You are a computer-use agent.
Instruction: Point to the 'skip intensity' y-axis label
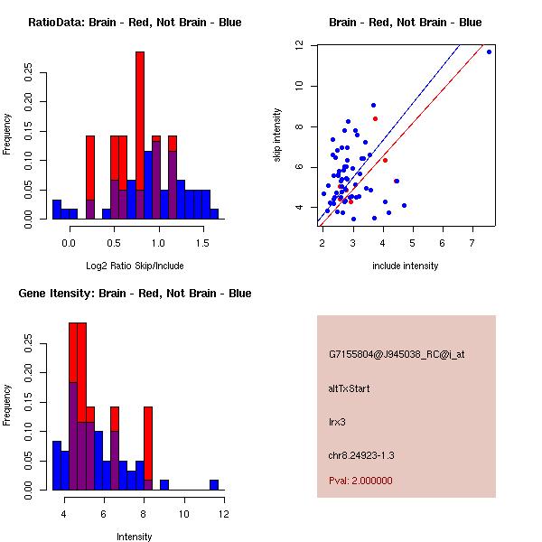[x=277, y=135]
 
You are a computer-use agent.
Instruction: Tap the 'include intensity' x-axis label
[x=405, y=266]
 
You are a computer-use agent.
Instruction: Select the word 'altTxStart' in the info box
[x=349, y=388]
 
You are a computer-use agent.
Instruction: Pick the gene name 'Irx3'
[x=338, y=421]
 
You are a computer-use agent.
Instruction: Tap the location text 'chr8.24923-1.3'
[x=361, y=453]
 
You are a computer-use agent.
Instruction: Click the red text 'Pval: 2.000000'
[x=360, y=481]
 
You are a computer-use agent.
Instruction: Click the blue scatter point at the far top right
[x=489, y=52]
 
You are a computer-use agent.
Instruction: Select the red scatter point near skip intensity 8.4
[x=375, y=118]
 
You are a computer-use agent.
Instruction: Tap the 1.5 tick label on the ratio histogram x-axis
[x=203, y=242]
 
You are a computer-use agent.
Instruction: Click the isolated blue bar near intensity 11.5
[x=214, y=484]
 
